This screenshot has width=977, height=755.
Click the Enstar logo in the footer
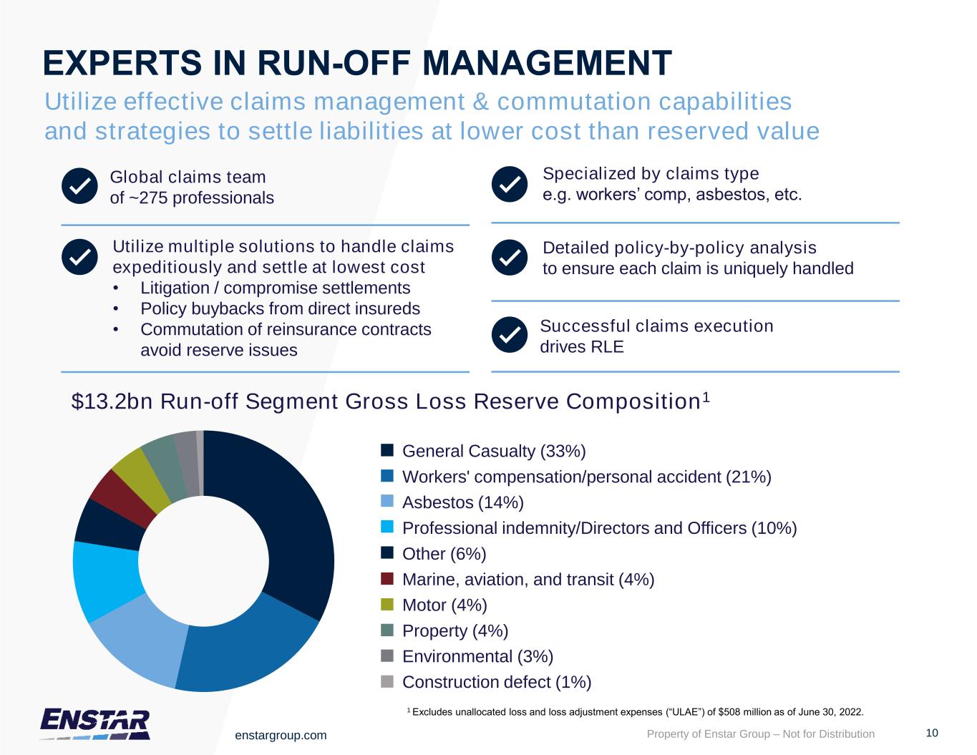click(x=95, y=723)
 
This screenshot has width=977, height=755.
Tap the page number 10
click(x=931, y=732)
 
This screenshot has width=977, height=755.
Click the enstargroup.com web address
click(x=281, y=735)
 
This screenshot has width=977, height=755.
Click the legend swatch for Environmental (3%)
click(x=387, y=656)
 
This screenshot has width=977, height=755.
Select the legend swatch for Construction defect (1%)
click(x=387, y=681)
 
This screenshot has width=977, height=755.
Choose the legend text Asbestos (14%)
click(x=463, y=502)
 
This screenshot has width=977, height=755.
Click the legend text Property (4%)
click(x=455, y=630)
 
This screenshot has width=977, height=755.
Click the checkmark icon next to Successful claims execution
click(x=509, y=335)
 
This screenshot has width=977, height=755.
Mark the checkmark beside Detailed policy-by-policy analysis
click(x=509, y=258)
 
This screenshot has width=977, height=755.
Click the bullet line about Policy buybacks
click(x=280, y=308)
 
